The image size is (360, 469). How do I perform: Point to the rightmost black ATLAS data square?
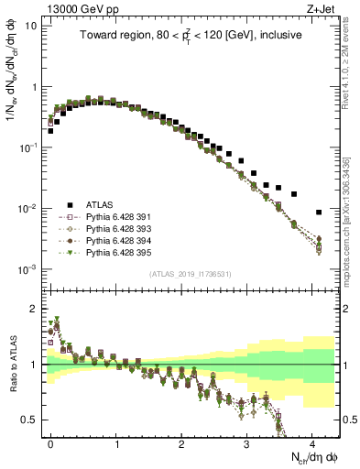click(319, 213)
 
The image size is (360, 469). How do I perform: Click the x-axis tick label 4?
click(312, 442)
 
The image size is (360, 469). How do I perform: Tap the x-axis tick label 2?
click(181, 442)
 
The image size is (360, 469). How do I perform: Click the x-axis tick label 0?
click(50, 442)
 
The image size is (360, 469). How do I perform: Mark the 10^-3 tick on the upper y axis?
click(29, 269)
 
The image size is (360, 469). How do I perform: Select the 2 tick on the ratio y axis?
click(35, 309)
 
